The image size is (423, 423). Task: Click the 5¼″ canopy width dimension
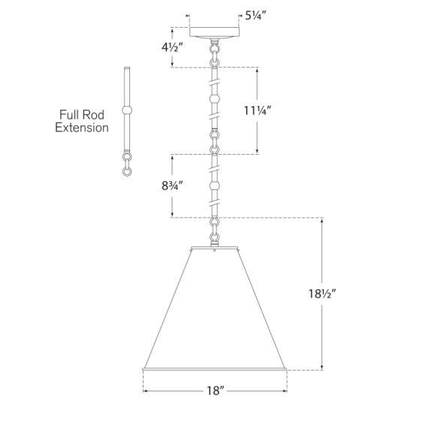(x=255, y=16)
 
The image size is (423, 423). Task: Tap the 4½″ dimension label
(x=172, y=47)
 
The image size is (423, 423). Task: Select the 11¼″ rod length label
(x=257, y=110)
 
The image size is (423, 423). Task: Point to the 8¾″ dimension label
(x=172, y=186)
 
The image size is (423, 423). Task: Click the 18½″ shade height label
(x=322, y=294)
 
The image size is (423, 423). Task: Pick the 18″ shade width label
(x=216, y=391)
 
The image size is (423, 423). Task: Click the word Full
(x=69, y=115)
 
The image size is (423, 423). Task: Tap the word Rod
(x=92, y=115)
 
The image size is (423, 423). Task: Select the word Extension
(x=82, y=128)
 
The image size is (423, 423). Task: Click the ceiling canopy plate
(x=214, y=32)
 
